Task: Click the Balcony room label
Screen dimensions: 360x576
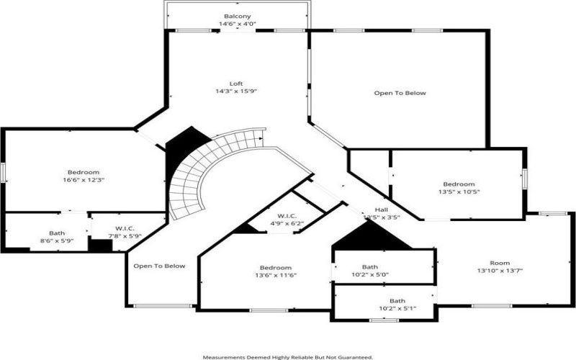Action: (238, 16)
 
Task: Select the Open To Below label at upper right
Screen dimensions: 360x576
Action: (400, 93)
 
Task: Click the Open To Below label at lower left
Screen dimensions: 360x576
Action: (159, 266)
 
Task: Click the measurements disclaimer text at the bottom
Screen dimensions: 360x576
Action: (287, 356)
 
